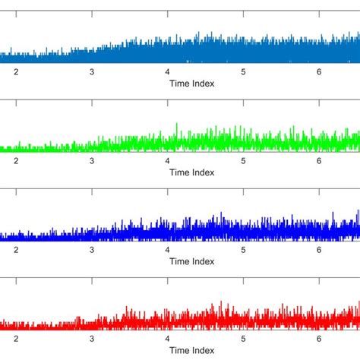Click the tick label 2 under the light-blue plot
pyautogui.click(x=15, y=72)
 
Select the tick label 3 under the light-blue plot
pyautogui.click(x=91, y=72)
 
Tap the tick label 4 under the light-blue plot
pyautogui.click(x=167, y=72)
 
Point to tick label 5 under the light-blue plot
pyautogui.click(x=243, y=72)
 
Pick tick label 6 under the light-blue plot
pyautogui.click(x=319, y=72)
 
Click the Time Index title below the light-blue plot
pyautogui.click(x=191, y=84)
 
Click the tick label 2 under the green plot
pyautogui.click(x=15, y=161)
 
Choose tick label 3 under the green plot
pyautogui.click(x=91, y=161)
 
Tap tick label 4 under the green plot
pyautogui.click(x=167, y=161)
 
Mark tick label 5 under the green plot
pyautogui.click(x=243, y=161)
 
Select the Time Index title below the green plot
pyautogui.click(x=191, y=172)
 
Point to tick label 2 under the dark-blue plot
pyautogui.click(x=15, y=250)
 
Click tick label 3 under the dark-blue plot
pyautogui.click(x=91, y=250)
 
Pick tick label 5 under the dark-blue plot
pyautogui.click(x=243, y=250)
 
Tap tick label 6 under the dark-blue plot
pyautogui.click(x=319, y=250)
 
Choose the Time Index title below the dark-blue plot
pyautogui.click(x=191, y=261)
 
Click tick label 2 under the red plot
pyautogui.click(x=15, y=339)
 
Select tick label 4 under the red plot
pyautogui.click(x=167, y=339)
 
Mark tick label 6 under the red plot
pyautogui.click(x=319, y=339)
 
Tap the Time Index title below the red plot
pyautogui.click(x=191, y=350)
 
